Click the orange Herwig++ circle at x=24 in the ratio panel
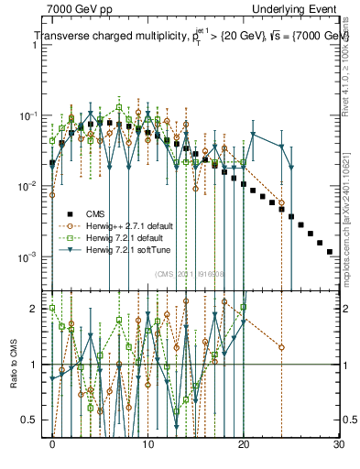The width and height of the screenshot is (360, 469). pyautogui.click(x=281, y=347)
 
